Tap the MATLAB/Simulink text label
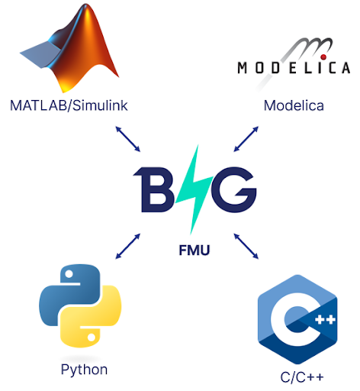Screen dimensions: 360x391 (69, 105)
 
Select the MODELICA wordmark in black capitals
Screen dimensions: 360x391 (294, 68)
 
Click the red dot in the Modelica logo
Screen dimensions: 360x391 (323, 57)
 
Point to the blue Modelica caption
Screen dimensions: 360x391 (294, 105)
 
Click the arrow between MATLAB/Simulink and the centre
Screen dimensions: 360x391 (128, 139)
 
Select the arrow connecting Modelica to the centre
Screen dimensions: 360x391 (246, 139)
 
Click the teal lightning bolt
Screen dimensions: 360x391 (194, 189)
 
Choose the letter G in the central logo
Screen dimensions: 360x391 (234, 189)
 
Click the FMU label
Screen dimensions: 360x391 (194, 250)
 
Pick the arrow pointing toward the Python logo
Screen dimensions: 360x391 (128, 246)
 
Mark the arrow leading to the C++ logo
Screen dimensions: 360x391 (246, 246)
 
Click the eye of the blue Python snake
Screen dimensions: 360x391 (69, 274)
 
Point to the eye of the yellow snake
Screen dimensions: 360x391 (92, 338)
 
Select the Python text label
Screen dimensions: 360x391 (84, 370)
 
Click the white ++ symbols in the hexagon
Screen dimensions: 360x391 (325, 319)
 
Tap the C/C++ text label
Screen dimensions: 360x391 (302, 377)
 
